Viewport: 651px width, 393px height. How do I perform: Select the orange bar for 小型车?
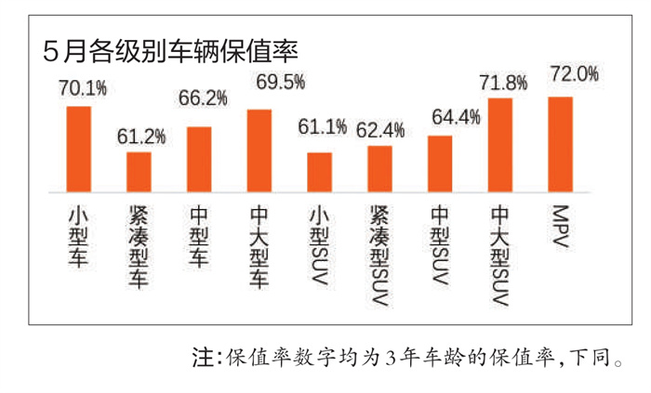(x=79, y=149)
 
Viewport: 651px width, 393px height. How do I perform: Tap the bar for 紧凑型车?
(x=139, y=171)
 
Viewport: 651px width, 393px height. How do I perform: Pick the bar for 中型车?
(x=199, y=159)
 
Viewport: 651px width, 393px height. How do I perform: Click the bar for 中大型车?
(x=259, y=151)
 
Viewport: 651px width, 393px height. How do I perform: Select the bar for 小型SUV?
(x=319, y=172)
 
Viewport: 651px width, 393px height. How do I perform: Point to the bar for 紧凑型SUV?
(x=379, y=168)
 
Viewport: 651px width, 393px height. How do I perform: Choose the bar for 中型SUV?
(x=440, y=164)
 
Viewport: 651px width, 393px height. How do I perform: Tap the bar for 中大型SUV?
(x=500, y=145)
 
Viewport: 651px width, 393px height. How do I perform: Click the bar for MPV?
(x=560, y=144)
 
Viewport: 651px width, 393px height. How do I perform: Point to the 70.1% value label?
(x=82, y=89)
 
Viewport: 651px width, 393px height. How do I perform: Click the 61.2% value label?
(x=141, y=136)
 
